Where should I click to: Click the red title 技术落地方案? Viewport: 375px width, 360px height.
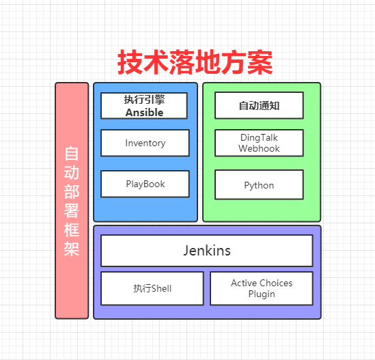195,63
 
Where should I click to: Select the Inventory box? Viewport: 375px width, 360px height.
145,143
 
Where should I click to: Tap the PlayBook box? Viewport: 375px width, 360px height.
145,184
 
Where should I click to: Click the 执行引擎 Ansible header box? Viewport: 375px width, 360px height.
145,105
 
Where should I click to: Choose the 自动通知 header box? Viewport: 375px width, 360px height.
259,106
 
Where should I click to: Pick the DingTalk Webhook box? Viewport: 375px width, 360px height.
259,143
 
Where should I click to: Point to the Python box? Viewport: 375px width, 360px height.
259,184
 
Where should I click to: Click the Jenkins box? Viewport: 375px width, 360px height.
207,251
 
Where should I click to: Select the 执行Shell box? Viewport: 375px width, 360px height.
152,288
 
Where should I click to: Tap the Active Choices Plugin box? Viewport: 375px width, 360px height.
262,288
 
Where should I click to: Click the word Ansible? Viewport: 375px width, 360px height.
145,112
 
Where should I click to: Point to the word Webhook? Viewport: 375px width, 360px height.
259,148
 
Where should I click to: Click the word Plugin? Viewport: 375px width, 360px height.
262,294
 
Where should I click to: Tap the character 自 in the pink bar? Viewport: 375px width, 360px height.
72,152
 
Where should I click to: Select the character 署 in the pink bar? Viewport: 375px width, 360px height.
72,209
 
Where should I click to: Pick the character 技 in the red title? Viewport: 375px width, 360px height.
130,63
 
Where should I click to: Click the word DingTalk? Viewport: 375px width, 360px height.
259,137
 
